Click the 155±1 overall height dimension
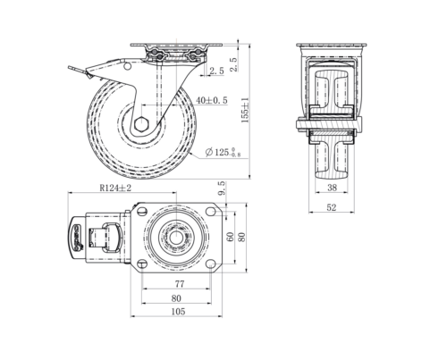pyautogui.click(x=243, y=110)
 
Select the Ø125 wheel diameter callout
pyautogui.click(x=225, y=152)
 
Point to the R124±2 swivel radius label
pyautogui.click(x=115, y=188)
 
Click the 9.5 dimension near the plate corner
pyautogui.click(x=221, y=188)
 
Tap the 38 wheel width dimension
pyautogui.click(x=333, y=188)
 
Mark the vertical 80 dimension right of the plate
pyautogui.click(x=240, y=237)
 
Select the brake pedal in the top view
pyautogui.click(x=77, y=238)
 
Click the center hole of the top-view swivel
pyautogui.click(x=176, y=238)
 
